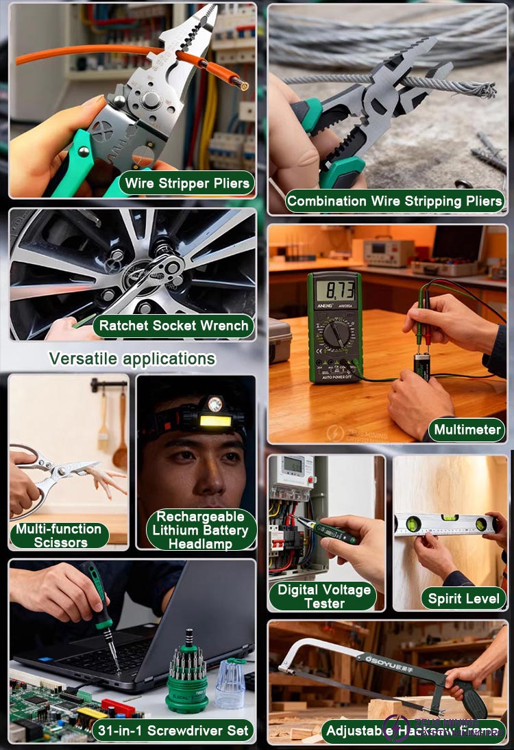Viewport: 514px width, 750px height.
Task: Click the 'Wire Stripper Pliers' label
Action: click(186, 184)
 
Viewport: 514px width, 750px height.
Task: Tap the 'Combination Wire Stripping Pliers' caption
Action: click(395, 201)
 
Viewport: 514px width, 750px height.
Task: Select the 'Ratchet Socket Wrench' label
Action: click(173, 326)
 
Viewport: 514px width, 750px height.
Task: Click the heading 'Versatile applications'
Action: click(132, 359)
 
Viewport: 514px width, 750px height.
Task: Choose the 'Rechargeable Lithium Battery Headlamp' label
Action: click(200, 530)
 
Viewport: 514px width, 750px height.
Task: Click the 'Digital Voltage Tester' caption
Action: click(324, 596)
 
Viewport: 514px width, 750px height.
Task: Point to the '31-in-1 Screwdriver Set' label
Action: click(173, 730)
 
